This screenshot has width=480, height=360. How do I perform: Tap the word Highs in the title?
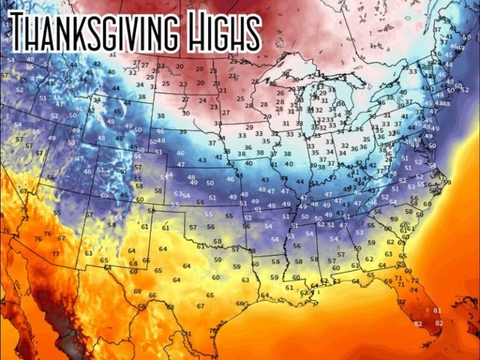(x=219, y=31)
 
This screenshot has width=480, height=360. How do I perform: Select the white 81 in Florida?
(x=437, y=310)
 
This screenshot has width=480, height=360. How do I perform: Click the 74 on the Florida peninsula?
(x=413, y=290)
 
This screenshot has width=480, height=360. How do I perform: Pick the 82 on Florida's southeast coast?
(x=439, y=323)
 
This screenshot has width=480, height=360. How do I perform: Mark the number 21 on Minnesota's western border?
(x=223, y=91)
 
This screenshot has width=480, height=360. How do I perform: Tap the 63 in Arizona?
(x=89, y=253)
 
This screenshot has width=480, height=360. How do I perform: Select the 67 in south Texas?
(x=200, y=306)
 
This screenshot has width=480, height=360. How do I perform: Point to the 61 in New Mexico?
(x=144, y=226)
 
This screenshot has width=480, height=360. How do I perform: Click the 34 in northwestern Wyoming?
(x=96, y=100)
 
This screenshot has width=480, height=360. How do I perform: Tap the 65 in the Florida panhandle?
(x=372, y=274)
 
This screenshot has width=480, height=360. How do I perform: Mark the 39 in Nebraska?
(x=182, y=132)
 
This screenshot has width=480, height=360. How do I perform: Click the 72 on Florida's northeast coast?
(x=415, y=281)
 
